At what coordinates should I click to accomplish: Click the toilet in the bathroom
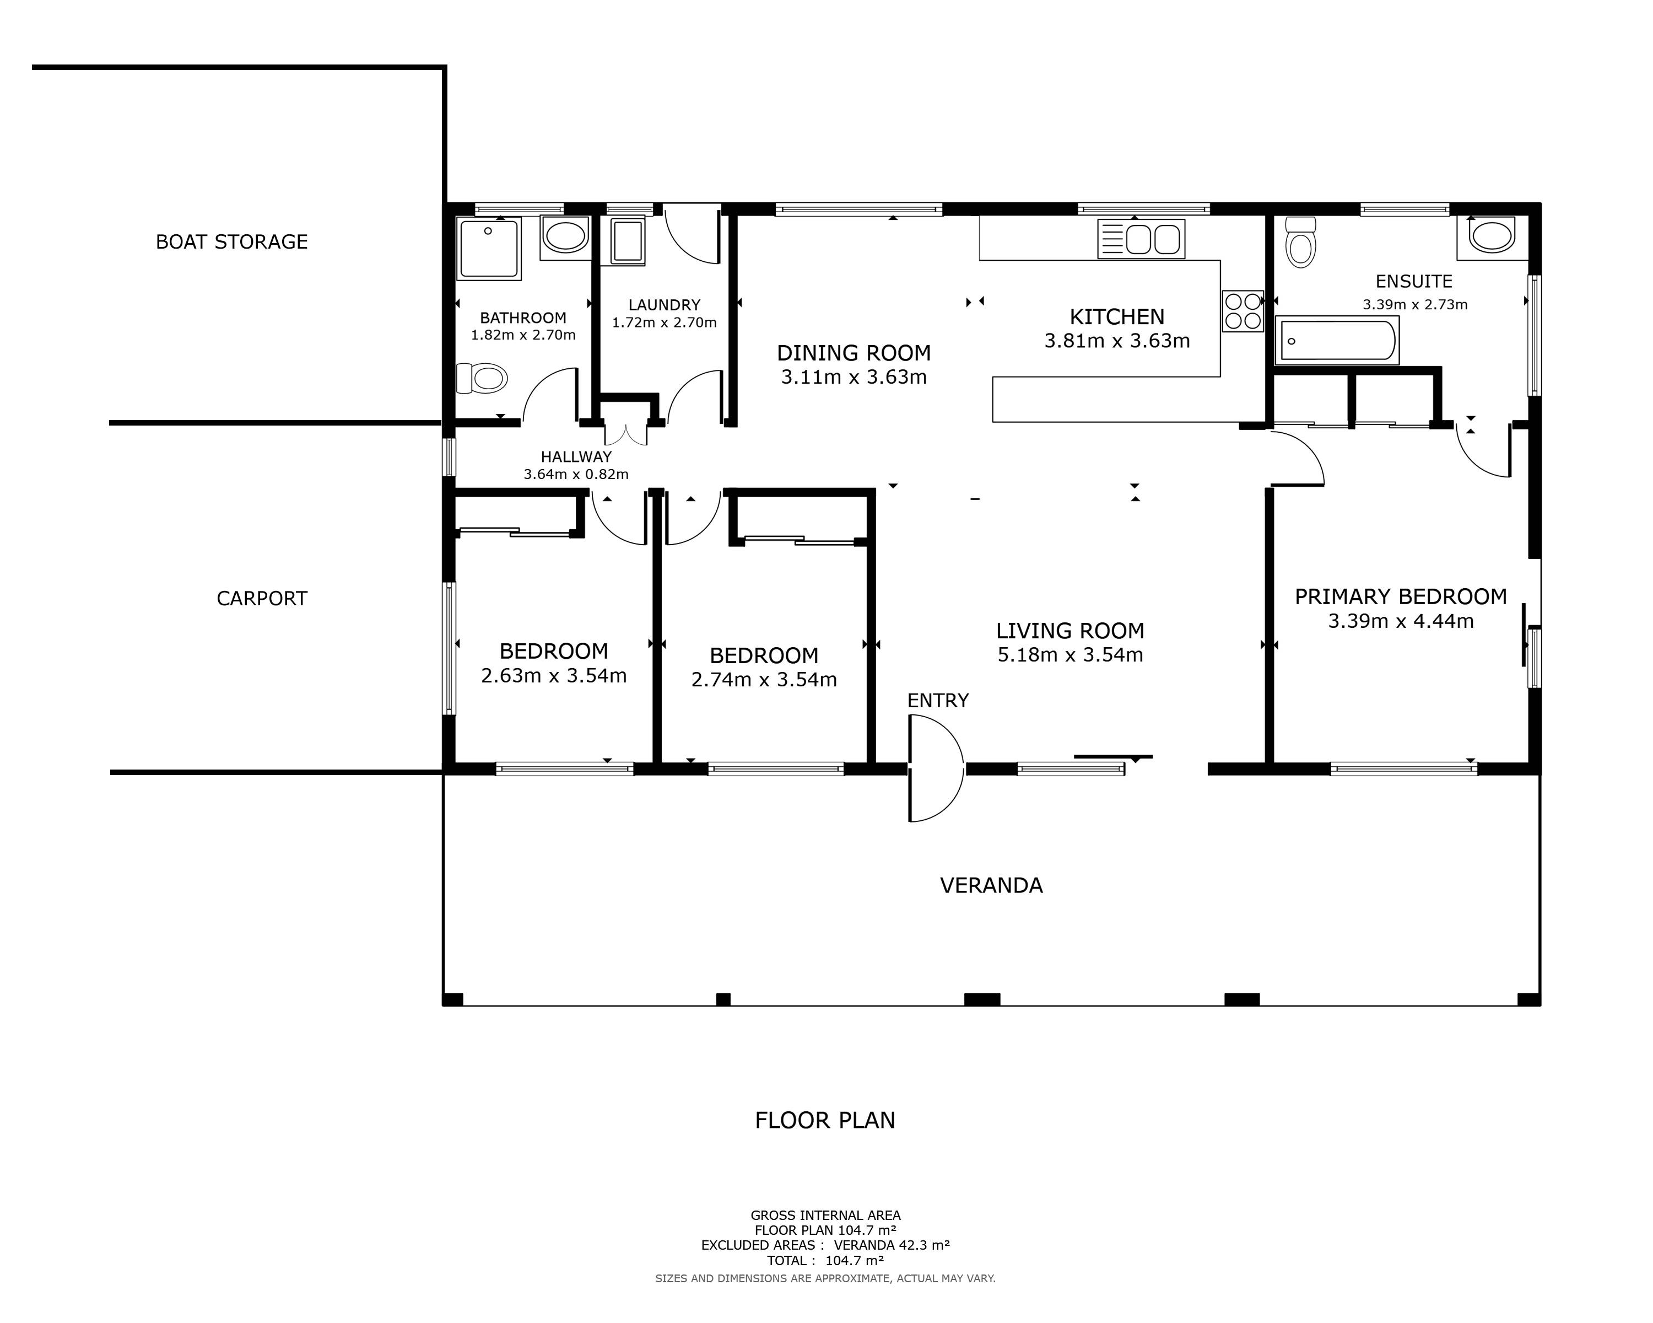(x=482, y=378)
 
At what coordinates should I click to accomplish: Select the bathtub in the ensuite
(x=1337, y=341)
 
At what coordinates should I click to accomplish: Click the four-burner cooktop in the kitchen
(x=1243, y=310)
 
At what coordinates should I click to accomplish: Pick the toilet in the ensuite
(x=1300, y=241)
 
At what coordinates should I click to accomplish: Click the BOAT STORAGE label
(x=231, y=241)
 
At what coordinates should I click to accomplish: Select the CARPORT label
(x=262, y=598)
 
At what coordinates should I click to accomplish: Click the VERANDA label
(x=991, y=885)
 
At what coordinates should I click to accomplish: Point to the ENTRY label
(x=938, y=700)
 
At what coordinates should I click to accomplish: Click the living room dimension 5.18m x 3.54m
(x=1070, y=655)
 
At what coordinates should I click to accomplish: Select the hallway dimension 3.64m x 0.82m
(x=576, y=474)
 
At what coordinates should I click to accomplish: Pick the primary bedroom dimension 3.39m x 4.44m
(x=1401, y=621)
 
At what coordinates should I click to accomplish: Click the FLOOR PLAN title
(x=825, y=1121)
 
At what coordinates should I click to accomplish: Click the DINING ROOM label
(x=854, y=353)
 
